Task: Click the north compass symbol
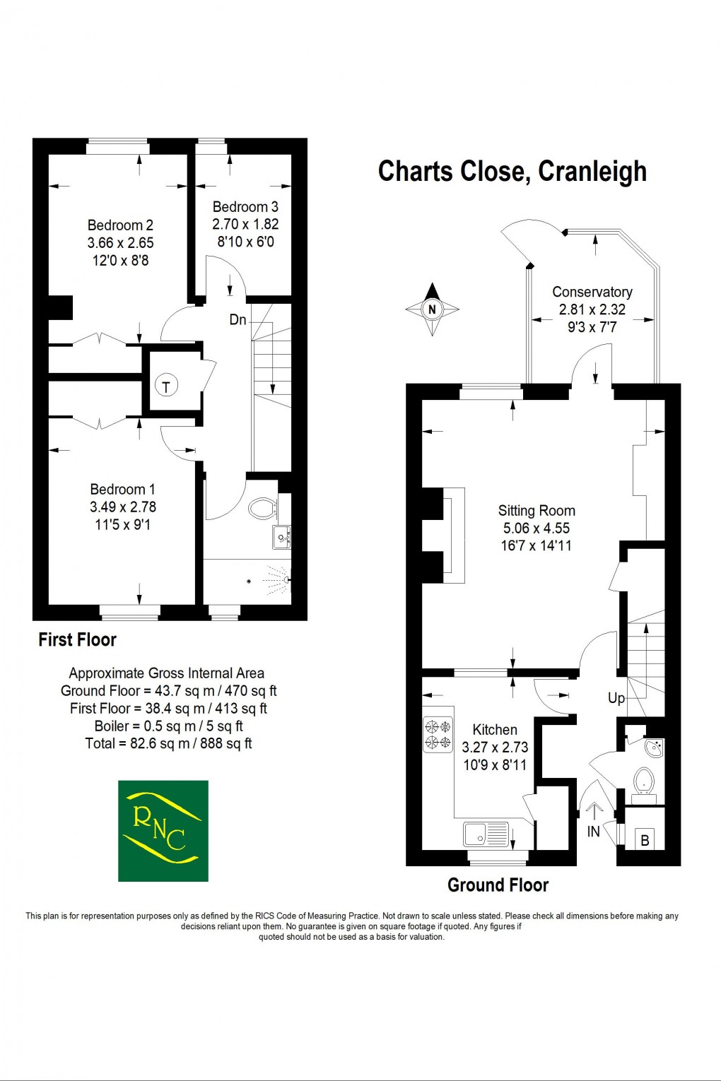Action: pos(432,309)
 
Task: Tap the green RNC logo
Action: pos(163,831)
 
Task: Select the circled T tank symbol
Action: pos(166,386)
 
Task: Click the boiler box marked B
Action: pos(644,839)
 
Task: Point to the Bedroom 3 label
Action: pos(245,207)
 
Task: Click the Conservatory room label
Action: pos(592,292)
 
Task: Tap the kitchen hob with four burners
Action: pos(438,734)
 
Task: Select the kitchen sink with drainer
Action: pos(486,834)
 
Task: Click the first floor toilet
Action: pos(262,507)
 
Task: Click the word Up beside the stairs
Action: pos(616,698)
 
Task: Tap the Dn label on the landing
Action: pos(238,320)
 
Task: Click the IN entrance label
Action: pos(593,832)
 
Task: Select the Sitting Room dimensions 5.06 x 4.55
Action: pos(536,528)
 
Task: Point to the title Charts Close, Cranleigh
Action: pos(512,172)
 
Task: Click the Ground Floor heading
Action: pos(498,885)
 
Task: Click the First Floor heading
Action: pos(77,639)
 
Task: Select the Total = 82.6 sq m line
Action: pos(168,743)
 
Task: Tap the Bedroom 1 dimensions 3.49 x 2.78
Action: pos(123,507)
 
